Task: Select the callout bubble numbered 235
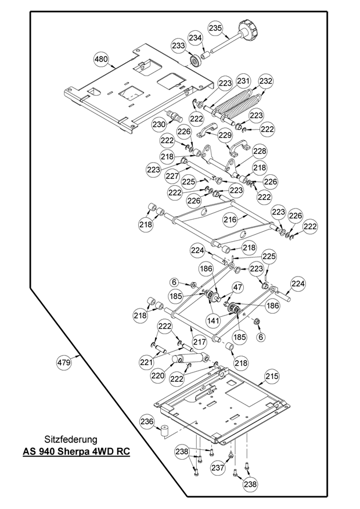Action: pyautogui.click(x=215, y=28)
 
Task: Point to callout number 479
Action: pyautogui.click(x=64, y=363)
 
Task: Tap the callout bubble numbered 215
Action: pyautogui.click(x=272, y=377)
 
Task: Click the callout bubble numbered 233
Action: pyautogui.click(x=178, y=45)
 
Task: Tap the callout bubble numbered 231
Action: pyautogui.click(x=243, y=81)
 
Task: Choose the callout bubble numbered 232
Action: pyautogui.click(x=266, y=81)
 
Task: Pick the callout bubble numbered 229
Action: pyautogui.click(x=208, y=135)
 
